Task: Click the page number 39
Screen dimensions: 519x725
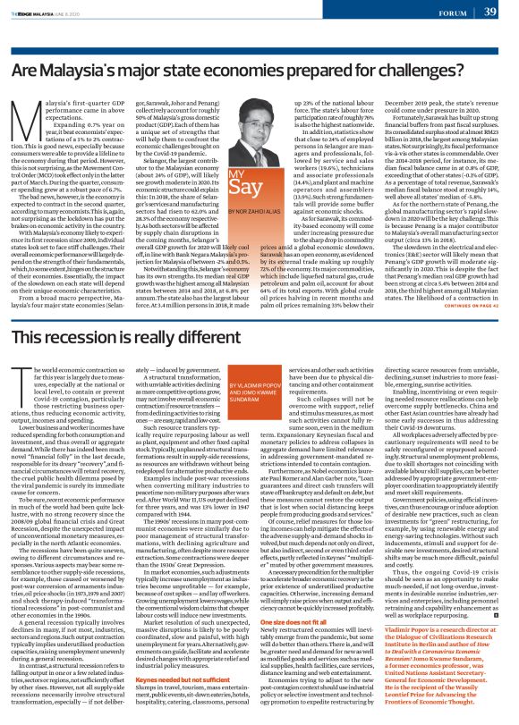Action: click(490, 11)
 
